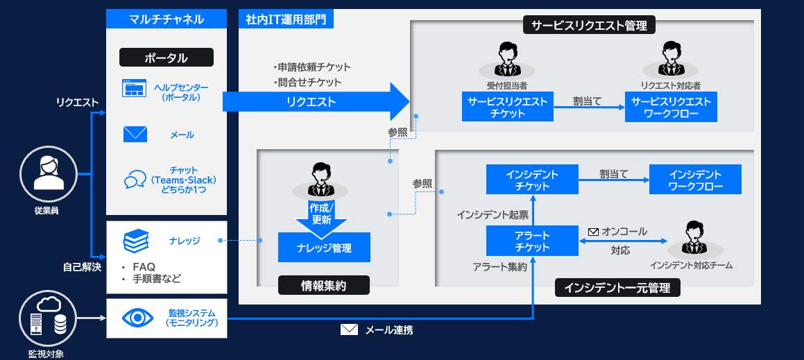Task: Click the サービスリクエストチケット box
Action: coord(507,108)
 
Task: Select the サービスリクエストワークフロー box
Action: coord(671,108)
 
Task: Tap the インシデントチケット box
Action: coord(532,180)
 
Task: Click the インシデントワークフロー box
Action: coord(695,180)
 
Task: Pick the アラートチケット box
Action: coord(532,241)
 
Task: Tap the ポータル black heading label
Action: coord(166,58)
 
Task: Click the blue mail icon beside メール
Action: coord(135,134)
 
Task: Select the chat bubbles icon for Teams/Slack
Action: coord(135,180)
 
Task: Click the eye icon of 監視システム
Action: coord(137,318)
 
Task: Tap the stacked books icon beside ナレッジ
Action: coord(136,241)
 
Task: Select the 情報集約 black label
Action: coord(324,285)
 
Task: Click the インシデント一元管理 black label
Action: coord(617,287)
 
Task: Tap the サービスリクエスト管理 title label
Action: coord(589,26)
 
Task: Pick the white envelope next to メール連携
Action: coord(349,329)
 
